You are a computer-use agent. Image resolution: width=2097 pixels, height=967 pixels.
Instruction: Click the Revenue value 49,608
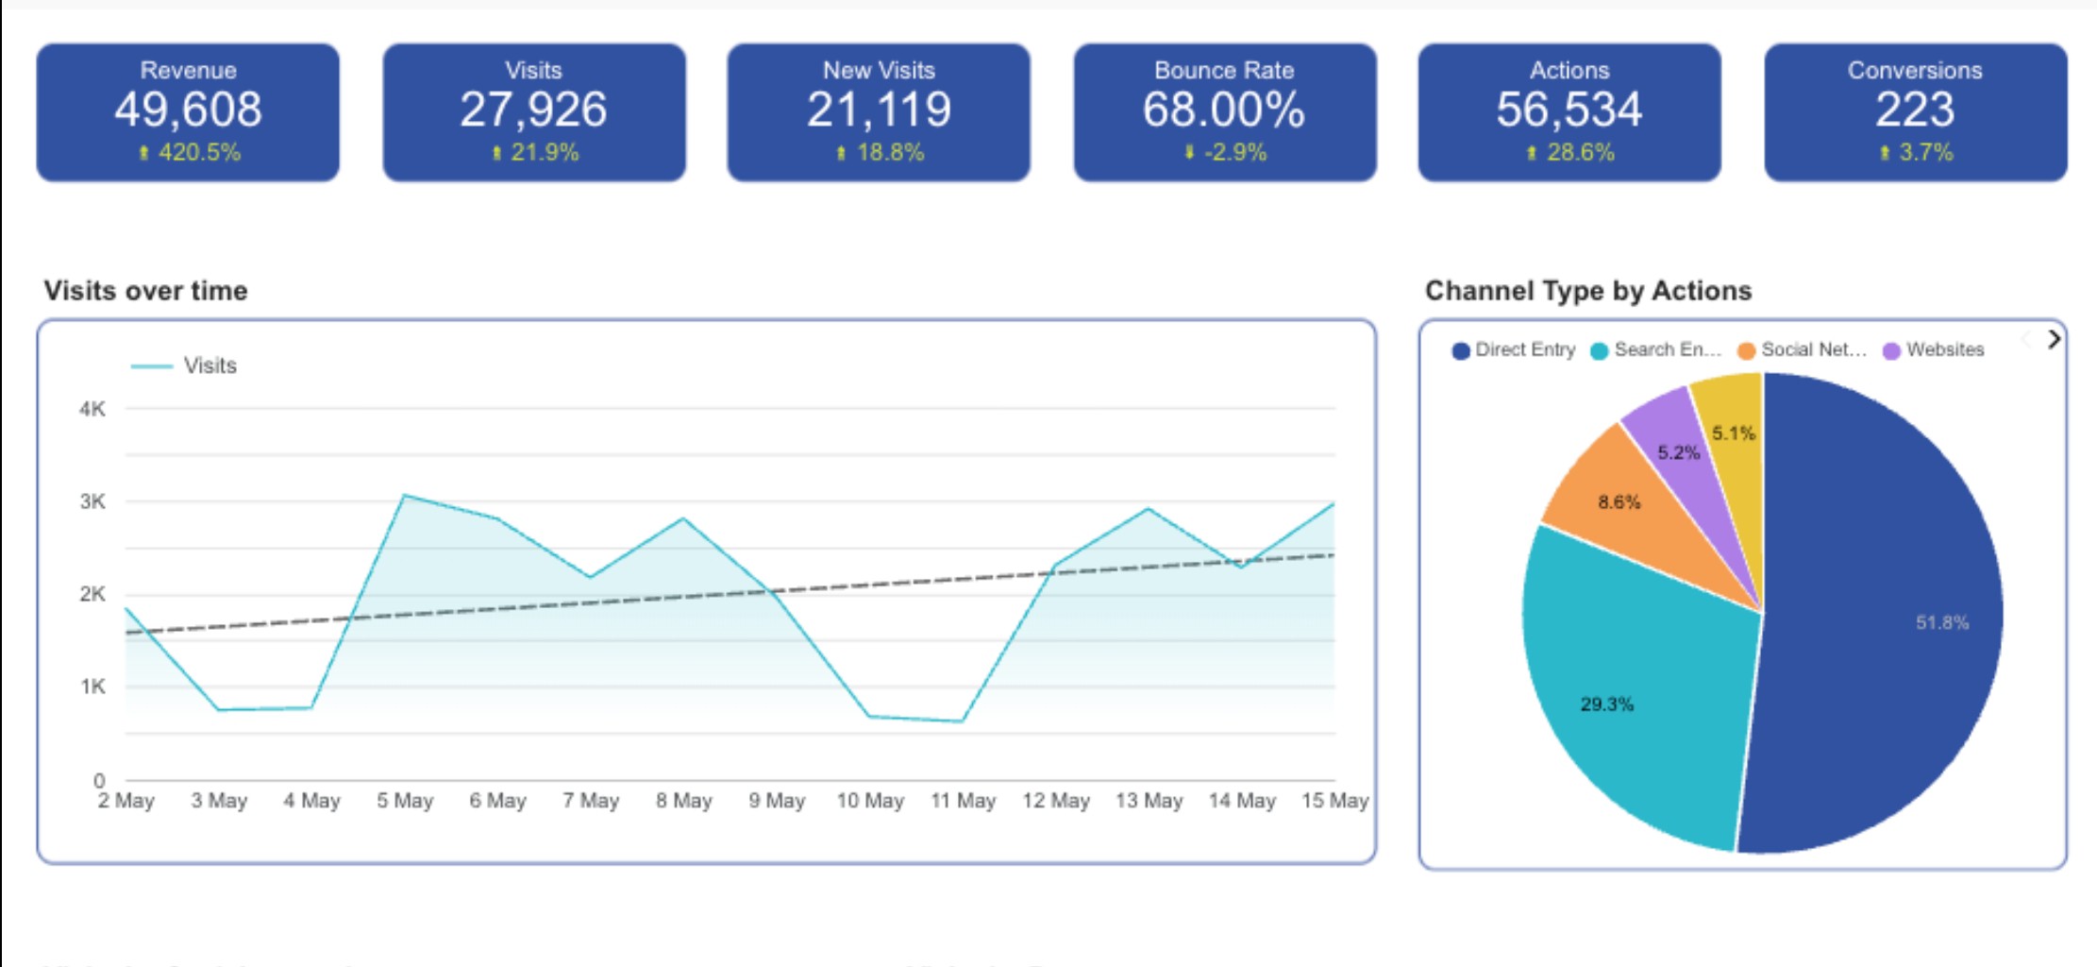click(188, 110)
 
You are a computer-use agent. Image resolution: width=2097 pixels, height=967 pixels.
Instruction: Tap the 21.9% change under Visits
click(535, 153)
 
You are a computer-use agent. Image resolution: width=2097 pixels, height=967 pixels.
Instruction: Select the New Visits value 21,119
click(879, 110)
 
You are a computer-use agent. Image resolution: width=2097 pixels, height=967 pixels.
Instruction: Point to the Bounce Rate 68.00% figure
click(1224, 110)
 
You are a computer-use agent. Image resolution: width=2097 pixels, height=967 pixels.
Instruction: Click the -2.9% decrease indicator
click(1226, 153)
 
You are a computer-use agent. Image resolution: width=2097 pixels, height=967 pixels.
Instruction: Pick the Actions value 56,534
click(1569, 110)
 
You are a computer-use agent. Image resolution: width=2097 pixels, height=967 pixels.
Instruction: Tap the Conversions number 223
click(1914, 110)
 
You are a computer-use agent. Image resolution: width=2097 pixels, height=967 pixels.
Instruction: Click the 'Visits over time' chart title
click(145, 291)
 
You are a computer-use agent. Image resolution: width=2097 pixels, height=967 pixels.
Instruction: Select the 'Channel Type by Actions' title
click(1587, 291)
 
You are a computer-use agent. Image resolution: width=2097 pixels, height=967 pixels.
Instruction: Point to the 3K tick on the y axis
click(92, 501)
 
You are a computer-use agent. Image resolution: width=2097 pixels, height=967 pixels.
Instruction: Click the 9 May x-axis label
click(777, 801)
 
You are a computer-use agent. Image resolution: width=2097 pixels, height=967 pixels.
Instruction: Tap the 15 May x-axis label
click(1334, 801)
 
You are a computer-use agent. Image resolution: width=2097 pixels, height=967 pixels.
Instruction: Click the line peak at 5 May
click(404, 495)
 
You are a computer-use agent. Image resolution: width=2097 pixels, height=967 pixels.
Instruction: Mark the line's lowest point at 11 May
click(962, 721)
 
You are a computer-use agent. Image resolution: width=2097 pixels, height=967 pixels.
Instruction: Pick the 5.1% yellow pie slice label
click(1734, 433)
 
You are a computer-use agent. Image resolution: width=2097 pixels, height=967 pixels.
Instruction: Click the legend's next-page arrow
click(2054, 340)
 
